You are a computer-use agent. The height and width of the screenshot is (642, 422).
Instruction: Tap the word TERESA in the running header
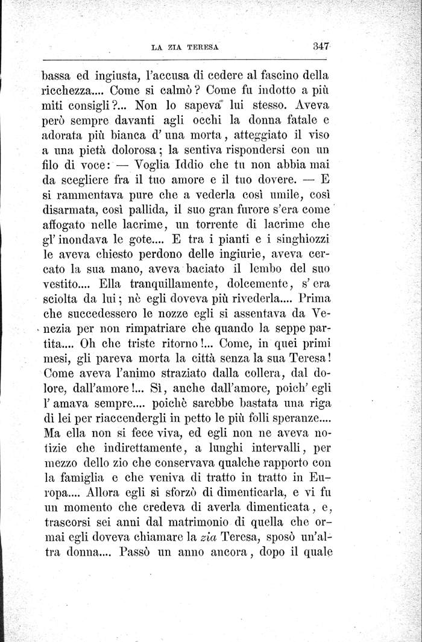(x=203, y=46)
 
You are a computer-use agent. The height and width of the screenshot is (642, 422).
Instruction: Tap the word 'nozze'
(x=175, y=314)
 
